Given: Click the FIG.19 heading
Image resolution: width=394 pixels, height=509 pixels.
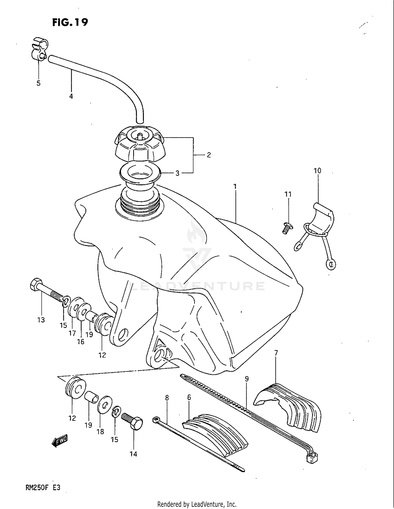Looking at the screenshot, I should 70,22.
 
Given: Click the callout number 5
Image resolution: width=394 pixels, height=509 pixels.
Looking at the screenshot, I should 38,83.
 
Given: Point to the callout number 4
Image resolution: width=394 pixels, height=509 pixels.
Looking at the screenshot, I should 71,96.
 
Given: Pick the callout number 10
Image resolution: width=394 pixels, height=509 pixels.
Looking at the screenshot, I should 317,171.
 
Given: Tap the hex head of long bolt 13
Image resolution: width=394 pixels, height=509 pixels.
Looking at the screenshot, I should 35,284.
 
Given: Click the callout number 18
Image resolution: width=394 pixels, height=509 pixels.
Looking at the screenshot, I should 100,431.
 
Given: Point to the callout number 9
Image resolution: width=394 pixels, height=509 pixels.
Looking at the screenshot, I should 246,379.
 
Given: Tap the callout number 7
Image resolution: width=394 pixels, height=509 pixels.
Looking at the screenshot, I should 276,353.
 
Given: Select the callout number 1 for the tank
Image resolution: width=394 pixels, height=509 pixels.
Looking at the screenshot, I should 235,186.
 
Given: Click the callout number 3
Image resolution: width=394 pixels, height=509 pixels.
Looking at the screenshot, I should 177,173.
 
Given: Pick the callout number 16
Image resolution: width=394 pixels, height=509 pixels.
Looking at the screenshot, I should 81,342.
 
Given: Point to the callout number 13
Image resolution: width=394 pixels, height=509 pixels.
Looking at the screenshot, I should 41,320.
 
